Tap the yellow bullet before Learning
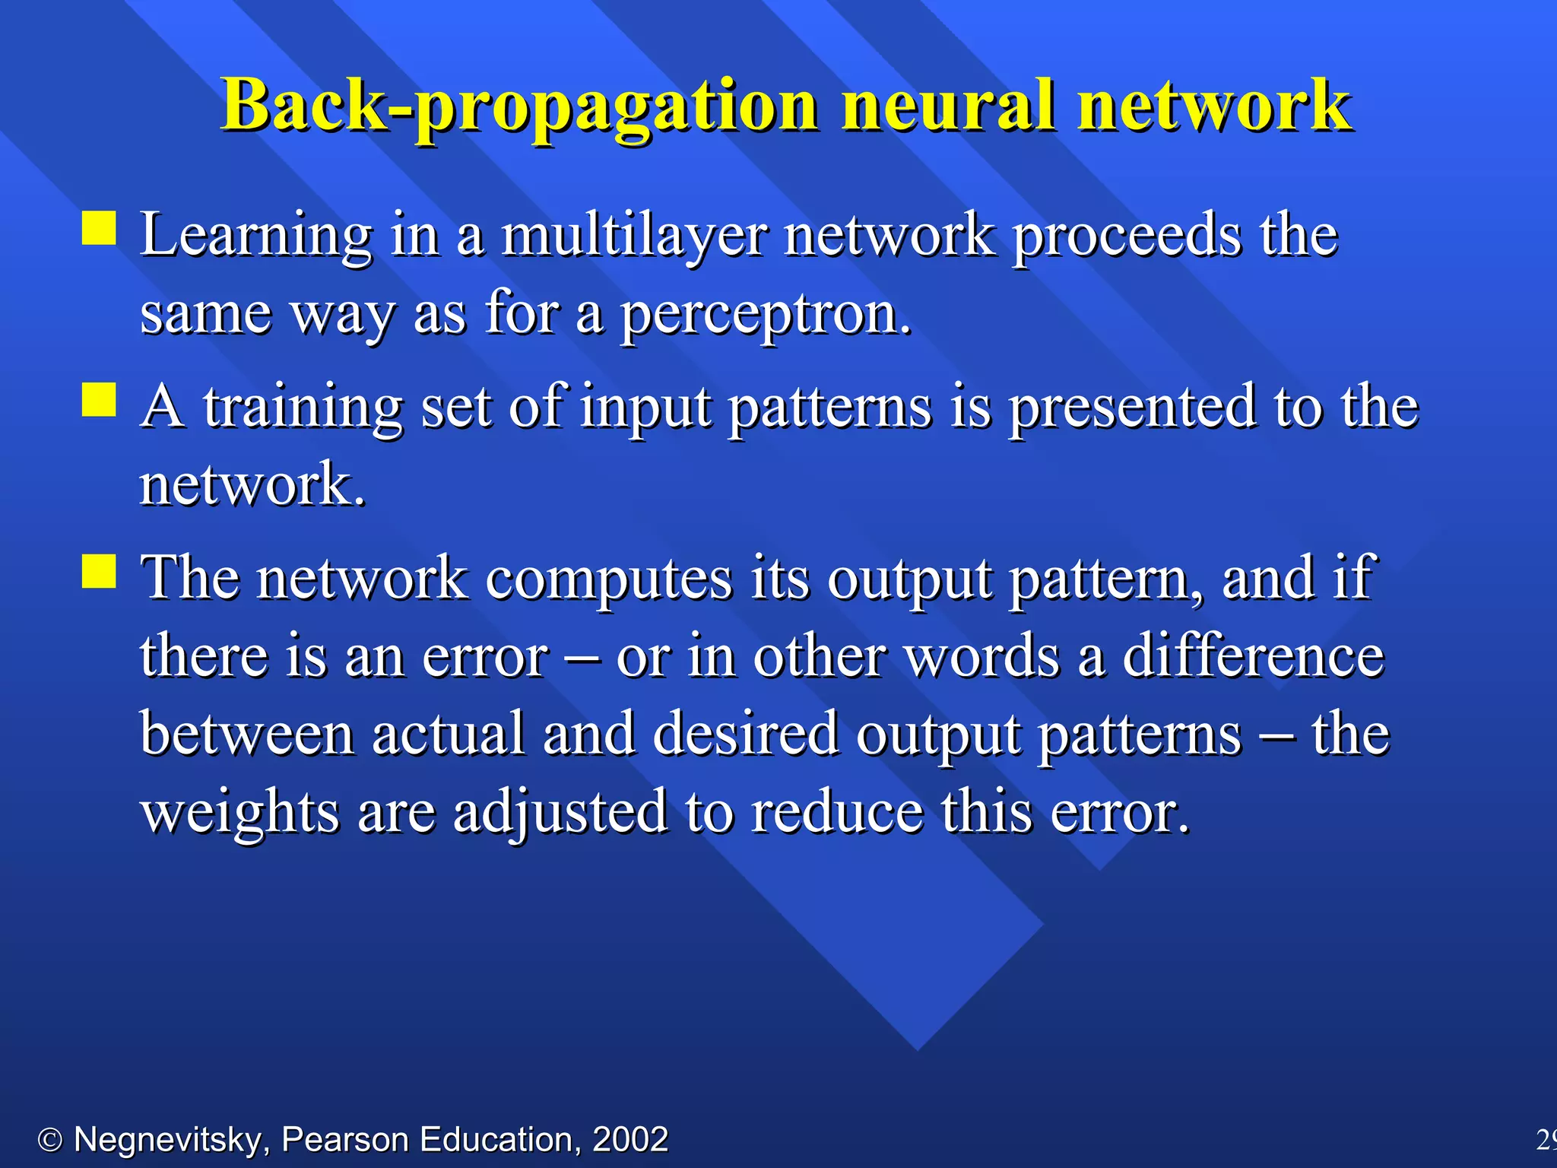point(99,228)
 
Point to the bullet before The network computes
point(99,571)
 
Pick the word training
point(303,409)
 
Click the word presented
point(1132,408)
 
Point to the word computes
point(609,579)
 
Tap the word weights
point(239,814)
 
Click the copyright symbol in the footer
point(50,1140)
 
